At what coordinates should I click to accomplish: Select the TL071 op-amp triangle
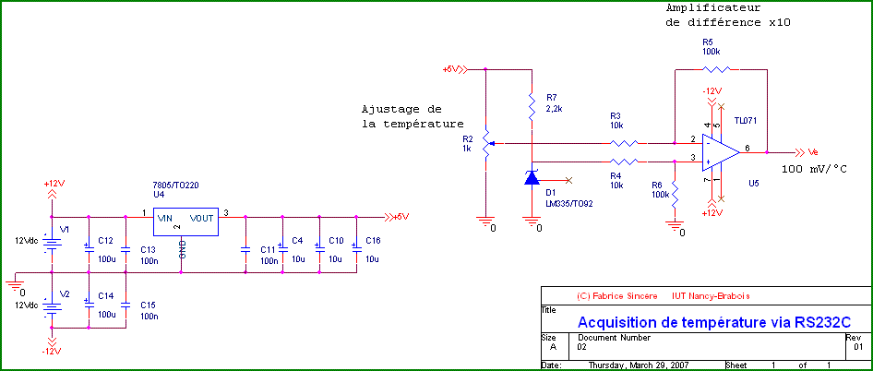721,151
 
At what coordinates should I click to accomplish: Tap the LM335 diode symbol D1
532,178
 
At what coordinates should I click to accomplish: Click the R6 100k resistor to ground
676,195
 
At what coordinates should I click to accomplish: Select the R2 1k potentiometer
485,144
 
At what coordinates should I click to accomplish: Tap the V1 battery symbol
53,242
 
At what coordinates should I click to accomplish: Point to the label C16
373,240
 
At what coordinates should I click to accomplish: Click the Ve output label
813,152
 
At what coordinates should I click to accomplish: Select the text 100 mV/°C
815,170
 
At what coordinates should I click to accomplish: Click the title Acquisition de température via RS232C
711,322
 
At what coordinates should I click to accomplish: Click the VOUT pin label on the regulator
201,218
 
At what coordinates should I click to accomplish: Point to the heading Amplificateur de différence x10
728,15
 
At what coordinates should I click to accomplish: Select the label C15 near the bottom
148,305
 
